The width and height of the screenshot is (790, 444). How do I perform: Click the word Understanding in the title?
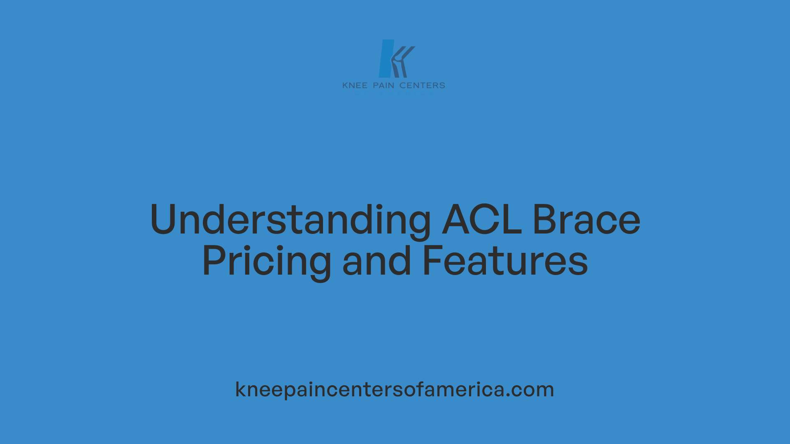tap(290, 220)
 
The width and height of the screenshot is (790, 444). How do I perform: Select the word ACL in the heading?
tap(482, 220)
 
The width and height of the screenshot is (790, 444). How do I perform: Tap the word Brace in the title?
tap(586, 220)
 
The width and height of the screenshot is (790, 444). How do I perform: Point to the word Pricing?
tap(267, 261)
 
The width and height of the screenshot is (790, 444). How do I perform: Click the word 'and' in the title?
tap(376, 261)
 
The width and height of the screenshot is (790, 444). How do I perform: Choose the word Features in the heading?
tap(505, 261)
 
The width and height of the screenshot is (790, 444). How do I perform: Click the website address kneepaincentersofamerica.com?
tap(395, 389)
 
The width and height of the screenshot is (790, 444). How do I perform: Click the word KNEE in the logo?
tap(355, 86)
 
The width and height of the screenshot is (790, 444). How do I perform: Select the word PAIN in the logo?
tap(383, 86)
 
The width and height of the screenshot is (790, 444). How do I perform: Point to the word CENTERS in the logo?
tap(422, 86)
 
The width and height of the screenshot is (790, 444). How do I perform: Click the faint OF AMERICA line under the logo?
tap(394, 93)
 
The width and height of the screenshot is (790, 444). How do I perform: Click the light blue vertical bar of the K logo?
tap(386, 58)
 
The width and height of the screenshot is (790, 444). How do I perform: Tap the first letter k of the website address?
tap(241, 389)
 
